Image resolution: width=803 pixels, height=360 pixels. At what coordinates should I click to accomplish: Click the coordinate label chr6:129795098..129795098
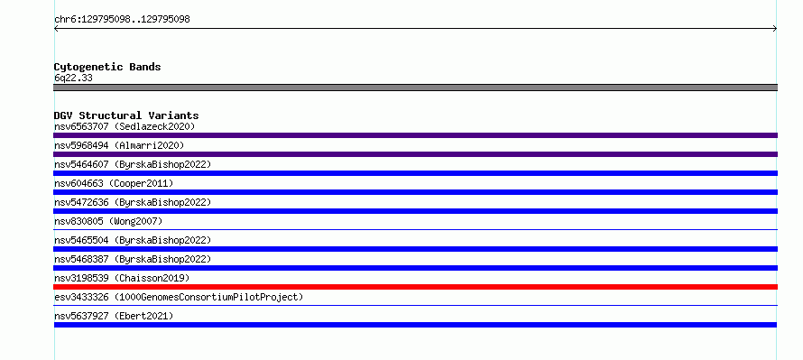pyautogui.click(x=122, y=20)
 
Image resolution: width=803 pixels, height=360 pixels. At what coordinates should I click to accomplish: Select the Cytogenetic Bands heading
pyautogui.click(x=107, y=67)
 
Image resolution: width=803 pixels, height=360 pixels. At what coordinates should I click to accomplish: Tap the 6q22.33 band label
pyautogui.click(x=73, y=78)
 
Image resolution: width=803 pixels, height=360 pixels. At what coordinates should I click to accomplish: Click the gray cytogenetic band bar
pyautogui.click(x=415, y=88)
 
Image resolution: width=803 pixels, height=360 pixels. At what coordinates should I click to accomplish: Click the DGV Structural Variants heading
pyautogui.click(x=126, y=115)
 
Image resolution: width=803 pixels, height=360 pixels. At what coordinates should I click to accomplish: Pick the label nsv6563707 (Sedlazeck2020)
pyautogui.click(x=125, y=126)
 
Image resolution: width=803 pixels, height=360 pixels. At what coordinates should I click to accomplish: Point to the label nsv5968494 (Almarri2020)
pyautogui.click(x=119, y=145)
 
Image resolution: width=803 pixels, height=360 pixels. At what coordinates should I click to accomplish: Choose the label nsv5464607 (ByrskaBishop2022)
pyautogui.click(x=133, y=164)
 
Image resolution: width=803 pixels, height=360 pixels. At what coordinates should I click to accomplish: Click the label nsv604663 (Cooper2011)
pyautogui.click(x=114, y=183)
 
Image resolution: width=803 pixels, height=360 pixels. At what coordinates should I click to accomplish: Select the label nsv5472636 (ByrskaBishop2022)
pyautogui.click(x=133, y=202)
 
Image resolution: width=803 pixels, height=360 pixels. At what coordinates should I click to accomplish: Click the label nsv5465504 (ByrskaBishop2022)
pyautogui.click(x=133, y=240)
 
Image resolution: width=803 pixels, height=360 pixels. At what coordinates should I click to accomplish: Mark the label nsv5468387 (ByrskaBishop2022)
pyautogui.click(x=133, y=259)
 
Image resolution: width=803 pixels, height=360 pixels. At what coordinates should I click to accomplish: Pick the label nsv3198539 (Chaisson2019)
pyautogui.click(x=122, y=278)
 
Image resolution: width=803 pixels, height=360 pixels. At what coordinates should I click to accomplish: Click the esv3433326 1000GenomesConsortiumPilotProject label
pyautogui.click(x=179, y=297)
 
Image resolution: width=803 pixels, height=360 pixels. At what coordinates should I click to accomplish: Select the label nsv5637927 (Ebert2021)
pyautogui.click(x=114, y=316)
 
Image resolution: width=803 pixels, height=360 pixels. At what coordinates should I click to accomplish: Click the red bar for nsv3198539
pyautogui.click(x=415, y=287)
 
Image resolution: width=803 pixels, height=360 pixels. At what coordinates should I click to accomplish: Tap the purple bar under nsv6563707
pyautogui.click(x=415, y=135)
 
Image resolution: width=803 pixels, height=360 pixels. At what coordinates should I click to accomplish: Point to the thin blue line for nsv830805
pyautogui.click(x=415, y=229)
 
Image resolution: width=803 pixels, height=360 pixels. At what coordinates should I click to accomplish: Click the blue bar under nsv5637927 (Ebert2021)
pyautogui.click(x=415, y=325)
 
